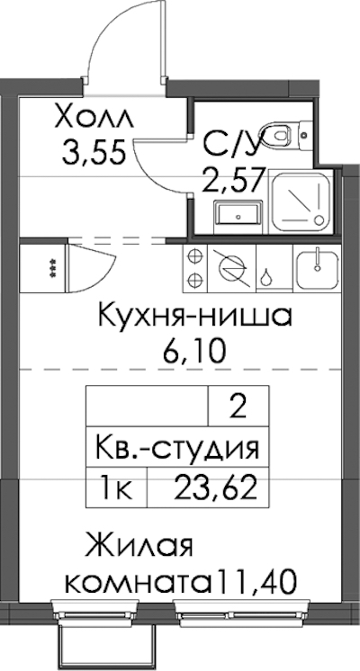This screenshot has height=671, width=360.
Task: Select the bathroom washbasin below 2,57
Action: point(237,212)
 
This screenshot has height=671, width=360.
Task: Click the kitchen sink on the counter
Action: point(317,269)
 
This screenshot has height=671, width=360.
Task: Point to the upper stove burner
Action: point(194,257)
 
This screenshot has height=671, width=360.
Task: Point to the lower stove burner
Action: point(194,281)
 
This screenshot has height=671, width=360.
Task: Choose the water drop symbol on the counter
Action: point(266,278)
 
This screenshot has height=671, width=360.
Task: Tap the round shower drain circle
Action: point(319,220)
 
